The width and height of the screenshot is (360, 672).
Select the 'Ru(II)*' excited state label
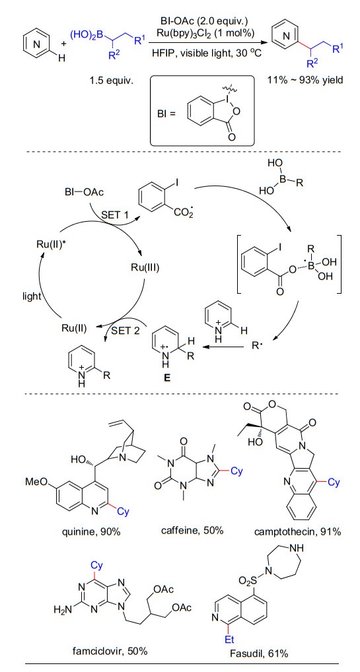point(50,244)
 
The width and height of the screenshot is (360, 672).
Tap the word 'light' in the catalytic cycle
point(31,296)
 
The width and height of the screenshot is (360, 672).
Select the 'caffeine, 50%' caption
point(192,530)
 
